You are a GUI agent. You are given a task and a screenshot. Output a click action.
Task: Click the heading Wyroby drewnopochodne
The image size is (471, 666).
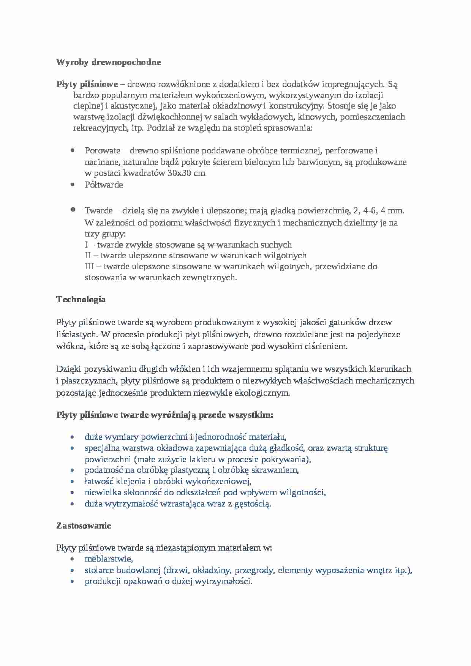[108, 62]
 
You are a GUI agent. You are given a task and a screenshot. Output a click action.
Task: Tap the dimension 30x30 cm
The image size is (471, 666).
[186, 173]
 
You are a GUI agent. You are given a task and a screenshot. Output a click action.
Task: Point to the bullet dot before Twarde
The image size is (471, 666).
[73, 210]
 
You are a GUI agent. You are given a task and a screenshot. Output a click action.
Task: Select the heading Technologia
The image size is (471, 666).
[81, 300]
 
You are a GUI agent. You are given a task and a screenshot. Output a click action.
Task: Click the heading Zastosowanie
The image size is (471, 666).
[84, 526]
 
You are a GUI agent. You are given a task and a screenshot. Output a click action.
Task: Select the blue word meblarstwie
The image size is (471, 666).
[108, 559]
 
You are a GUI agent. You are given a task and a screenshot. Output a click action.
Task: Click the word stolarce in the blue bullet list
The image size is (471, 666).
[99, 570]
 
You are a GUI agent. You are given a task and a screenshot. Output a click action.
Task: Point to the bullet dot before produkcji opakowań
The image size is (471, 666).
[73, 582]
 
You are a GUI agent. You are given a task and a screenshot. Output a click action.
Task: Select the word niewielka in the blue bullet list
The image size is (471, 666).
[101, 493]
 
